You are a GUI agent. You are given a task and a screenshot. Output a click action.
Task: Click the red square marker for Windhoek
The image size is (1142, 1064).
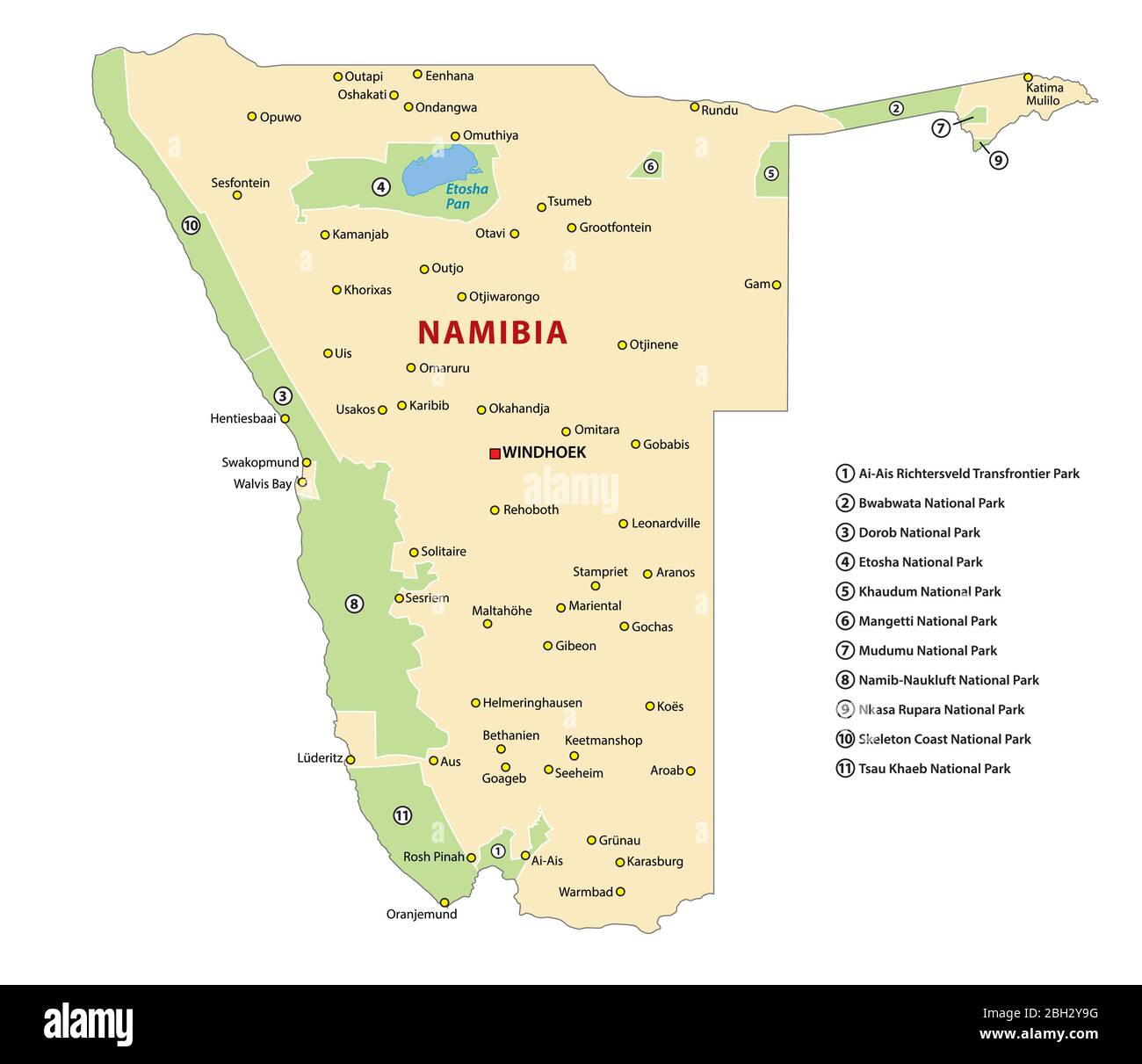495,453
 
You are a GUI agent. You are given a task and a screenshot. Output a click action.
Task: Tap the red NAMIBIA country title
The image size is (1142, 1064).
492,332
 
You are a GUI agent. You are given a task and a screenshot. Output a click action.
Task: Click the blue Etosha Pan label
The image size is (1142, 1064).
466,196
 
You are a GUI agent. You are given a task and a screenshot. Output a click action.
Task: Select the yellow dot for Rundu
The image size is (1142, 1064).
694,107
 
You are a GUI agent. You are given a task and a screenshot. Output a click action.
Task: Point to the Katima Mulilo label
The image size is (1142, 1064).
1044,94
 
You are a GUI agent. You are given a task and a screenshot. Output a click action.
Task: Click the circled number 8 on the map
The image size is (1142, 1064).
354,604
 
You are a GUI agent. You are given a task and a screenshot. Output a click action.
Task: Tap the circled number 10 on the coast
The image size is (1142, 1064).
191,226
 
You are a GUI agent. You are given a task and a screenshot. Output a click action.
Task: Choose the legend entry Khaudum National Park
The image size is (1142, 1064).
929,591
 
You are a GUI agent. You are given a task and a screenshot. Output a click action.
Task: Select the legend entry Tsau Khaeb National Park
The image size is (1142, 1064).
934,769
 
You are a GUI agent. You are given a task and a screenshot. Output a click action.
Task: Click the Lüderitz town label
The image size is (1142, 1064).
320,757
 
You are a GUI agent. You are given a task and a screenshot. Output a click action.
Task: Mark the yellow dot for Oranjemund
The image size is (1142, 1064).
445,902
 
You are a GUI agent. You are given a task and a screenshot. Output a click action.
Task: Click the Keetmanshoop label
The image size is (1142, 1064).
604,740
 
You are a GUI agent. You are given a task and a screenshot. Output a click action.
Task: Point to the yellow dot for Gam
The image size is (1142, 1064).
777,285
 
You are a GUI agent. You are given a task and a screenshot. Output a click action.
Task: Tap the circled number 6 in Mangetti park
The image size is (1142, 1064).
650,166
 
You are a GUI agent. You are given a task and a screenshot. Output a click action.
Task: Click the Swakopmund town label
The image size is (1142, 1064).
260,462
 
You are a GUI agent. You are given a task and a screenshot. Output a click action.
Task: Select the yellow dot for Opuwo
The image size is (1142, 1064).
252,116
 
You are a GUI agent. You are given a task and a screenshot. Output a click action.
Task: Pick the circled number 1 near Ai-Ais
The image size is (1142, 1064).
497,850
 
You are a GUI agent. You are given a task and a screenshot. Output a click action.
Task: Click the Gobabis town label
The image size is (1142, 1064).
666,445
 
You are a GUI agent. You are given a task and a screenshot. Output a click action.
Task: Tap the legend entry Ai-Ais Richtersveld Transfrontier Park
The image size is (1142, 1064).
968,474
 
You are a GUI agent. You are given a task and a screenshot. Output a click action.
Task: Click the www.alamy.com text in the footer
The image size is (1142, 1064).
1038,1034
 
